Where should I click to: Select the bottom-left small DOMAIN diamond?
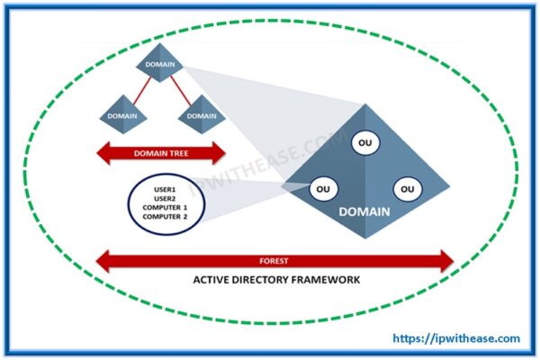point(122,115)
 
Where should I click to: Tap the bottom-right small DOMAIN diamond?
point(202,115)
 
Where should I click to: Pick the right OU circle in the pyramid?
point(407,189)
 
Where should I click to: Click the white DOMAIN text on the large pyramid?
point(364,212)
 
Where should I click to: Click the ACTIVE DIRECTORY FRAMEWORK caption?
point(276,280)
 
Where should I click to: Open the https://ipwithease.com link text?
point(457,339)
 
